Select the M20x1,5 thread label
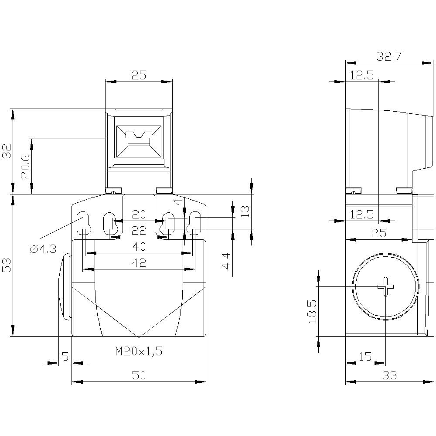[139, 351]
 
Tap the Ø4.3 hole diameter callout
[44, 249]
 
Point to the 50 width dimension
[139, 375]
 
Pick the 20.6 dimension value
[25, 167]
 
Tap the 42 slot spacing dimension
[139, 262]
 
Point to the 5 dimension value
[65, 357]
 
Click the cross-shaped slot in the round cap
[385, 286]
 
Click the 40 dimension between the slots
[139, 247]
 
